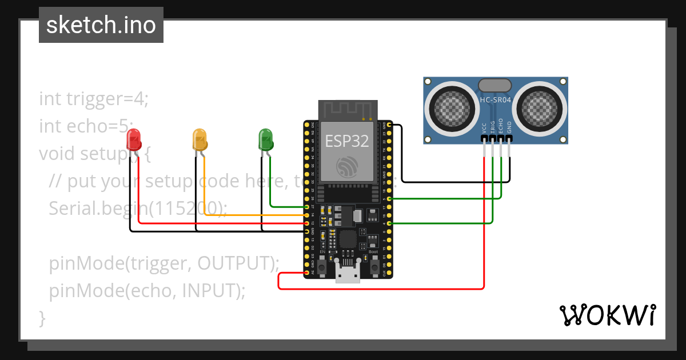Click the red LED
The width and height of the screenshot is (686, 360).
pyautogui.click(x=134, y=139)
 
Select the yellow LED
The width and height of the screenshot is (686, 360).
pyautogui.click(x=200, y=139)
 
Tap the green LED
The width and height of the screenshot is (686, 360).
pyautogui.click(x=265, y=139)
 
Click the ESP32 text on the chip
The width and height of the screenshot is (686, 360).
pyautogui.click(x=347, y=141)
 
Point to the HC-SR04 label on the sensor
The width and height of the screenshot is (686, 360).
pyautogui.click(x=495, y=100)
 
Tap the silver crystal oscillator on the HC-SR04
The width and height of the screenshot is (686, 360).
pyautogui.click(x=495, y=85)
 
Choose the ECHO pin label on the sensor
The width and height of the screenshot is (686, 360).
pyautogui.click(x=501, y=126)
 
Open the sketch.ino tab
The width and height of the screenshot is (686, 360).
pyautogui.click(x=101, y=25)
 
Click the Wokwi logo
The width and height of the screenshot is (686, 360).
pyautogui.click(x=607, y=315)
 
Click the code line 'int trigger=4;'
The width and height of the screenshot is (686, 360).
pyautogui.click(x=94, y=98)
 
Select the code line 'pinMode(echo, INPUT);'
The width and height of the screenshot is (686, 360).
pyautogui.click(x=147, y=291)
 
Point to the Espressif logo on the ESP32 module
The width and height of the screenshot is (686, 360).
pyautogui.click(x=347, y=166)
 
